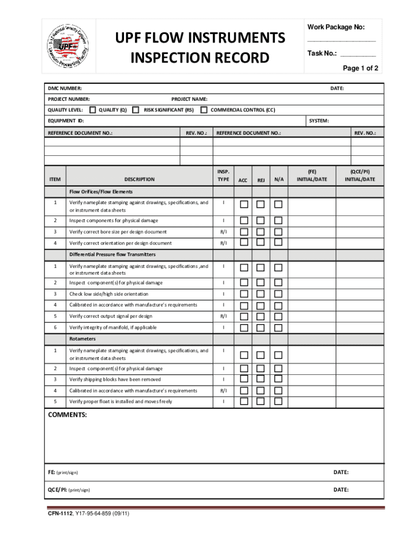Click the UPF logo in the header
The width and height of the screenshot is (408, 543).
point(66,47)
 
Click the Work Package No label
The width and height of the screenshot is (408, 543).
point(336,27)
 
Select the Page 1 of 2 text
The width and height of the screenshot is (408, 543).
point(360,68)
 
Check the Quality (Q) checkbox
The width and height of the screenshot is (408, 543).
point(93,110)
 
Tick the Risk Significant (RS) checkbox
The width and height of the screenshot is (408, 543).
point(135,110)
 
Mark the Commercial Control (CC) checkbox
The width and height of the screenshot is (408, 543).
point(203,110)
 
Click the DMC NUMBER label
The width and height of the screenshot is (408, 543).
point(65,88)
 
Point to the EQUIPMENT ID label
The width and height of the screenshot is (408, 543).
point(66,121)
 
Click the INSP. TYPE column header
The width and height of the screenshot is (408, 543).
point(223,176)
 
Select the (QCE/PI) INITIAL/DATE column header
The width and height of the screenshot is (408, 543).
point(360,176)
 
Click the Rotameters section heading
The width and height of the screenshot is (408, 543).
point(82,339)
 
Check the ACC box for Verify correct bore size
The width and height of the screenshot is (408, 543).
point(243,231)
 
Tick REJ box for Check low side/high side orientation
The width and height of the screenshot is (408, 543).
point(261,294)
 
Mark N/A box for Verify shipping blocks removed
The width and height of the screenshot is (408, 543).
point(278,379)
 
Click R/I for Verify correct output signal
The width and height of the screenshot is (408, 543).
point(223,316)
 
